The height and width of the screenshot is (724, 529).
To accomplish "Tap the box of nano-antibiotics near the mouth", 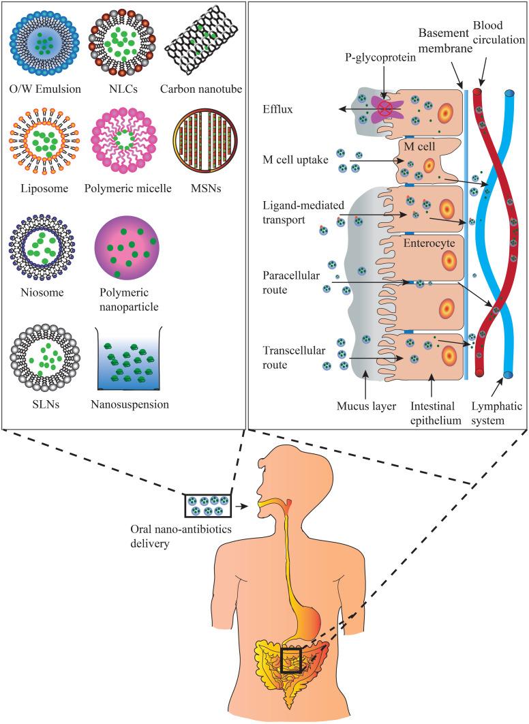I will click(207, 505).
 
